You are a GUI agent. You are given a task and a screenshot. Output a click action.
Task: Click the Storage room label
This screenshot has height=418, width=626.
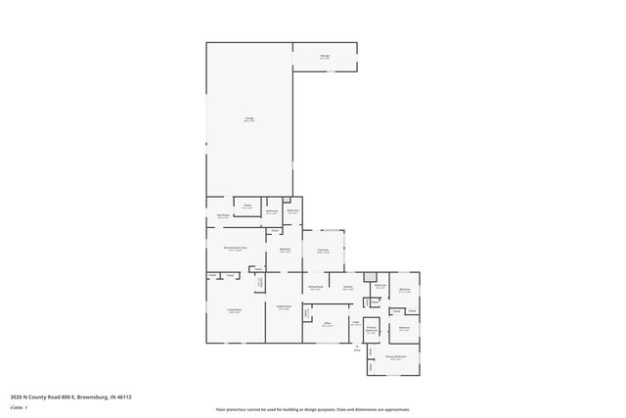coord(324,56)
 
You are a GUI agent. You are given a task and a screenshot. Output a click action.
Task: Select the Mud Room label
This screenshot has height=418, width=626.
coord(223,214)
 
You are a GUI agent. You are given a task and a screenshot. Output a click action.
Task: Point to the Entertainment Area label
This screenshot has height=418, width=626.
coord(235,249)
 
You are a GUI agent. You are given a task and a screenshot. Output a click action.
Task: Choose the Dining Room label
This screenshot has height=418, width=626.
coord(316,287)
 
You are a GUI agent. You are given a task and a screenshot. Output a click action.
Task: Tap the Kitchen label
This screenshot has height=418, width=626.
coord(347,287)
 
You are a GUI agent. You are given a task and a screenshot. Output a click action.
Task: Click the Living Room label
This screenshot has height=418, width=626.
coord(235,310)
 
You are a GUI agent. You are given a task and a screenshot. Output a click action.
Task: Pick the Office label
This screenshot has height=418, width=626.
coord(329,324)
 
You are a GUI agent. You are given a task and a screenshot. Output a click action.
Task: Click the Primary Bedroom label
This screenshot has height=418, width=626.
coord(395,356)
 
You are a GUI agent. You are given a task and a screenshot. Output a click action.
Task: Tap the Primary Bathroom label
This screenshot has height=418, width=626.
coord(372,330)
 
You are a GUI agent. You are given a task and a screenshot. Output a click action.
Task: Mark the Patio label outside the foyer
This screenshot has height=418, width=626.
coord(357,348)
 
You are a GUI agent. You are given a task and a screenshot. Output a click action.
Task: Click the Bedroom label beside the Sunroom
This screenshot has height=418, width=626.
coord(286,250)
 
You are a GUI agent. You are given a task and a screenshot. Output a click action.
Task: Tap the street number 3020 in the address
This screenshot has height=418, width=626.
coord(17,396)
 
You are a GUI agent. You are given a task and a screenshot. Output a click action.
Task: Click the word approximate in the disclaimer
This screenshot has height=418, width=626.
coord(399,409)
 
